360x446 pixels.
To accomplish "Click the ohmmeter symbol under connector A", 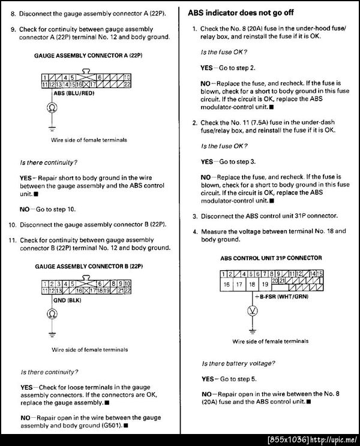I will (51, 109).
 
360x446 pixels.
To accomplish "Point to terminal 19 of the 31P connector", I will (252, 284).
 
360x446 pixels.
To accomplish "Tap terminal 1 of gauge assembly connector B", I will (46, 283).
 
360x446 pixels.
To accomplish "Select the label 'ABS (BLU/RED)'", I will (73, 94).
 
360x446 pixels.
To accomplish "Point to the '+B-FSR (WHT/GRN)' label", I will (281, 297).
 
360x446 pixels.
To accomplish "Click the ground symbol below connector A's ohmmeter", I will (51, 128).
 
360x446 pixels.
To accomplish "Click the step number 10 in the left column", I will (12, 224).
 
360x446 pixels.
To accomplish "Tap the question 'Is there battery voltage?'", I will (238, 363).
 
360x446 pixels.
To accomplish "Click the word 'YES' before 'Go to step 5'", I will (207, 379).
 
